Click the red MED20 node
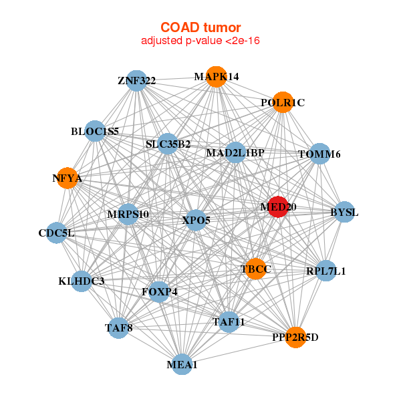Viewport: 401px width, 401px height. [x=278, y=207]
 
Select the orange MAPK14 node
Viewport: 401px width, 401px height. [x=217, y=77]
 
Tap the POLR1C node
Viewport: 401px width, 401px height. [x=283, y=102]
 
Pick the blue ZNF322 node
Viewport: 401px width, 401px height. [x=137, y=81]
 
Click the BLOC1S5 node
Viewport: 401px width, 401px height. [x=95, y=131]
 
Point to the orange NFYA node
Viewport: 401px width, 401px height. [x=68, y=178]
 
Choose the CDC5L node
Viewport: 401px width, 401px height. [x=57, y=233]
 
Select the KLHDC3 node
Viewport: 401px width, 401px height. [x=82, y=281]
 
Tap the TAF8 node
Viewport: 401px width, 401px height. [x=119, y=328]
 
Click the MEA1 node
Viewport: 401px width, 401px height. [x=182, y=364]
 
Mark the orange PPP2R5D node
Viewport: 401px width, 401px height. [x=295, y=338]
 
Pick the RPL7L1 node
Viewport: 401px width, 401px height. [x=326, y=271]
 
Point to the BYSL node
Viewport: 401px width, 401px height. [x=344, y=212]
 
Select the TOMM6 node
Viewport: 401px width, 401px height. [x=319, y=154]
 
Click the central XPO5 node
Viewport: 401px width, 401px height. [x=196, y=220]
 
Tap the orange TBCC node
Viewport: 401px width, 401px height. [x=255, y=269]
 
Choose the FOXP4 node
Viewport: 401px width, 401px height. [x=159, y=292]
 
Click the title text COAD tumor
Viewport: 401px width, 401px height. [x=200, y=27]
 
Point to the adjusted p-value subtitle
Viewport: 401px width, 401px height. [x=200, y=41]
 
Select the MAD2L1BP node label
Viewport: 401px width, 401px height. [x=235, y=153]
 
